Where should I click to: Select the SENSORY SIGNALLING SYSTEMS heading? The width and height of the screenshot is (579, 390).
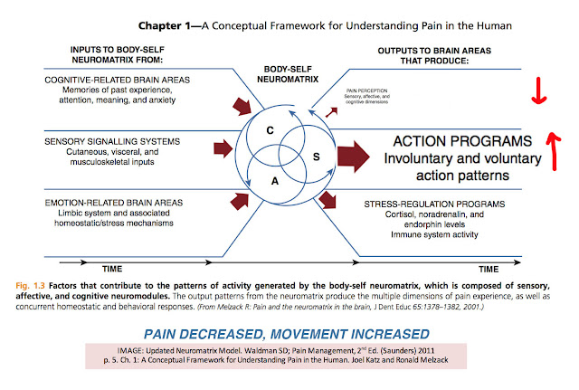[116, 141]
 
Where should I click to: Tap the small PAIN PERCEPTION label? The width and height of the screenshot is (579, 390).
[365, 93]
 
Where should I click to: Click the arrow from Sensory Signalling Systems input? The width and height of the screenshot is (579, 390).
[221, 147]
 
